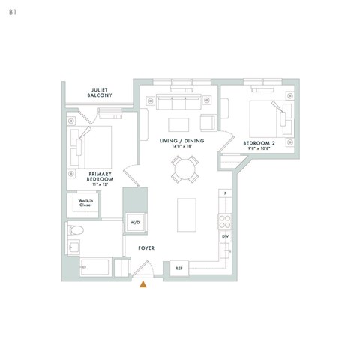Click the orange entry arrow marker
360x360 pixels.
143,283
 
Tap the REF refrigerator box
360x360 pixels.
179,268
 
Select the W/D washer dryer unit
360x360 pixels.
136,223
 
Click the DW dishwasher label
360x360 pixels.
224,237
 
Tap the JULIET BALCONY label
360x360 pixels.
100,92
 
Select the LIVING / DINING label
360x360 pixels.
182,141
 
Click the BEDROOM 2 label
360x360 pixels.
259,142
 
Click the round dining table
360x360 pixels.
184,169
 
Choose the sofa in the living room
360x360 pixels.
173,102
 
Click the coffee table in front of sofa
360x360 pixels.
178,123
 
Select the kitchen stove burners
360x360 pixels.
223,220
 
